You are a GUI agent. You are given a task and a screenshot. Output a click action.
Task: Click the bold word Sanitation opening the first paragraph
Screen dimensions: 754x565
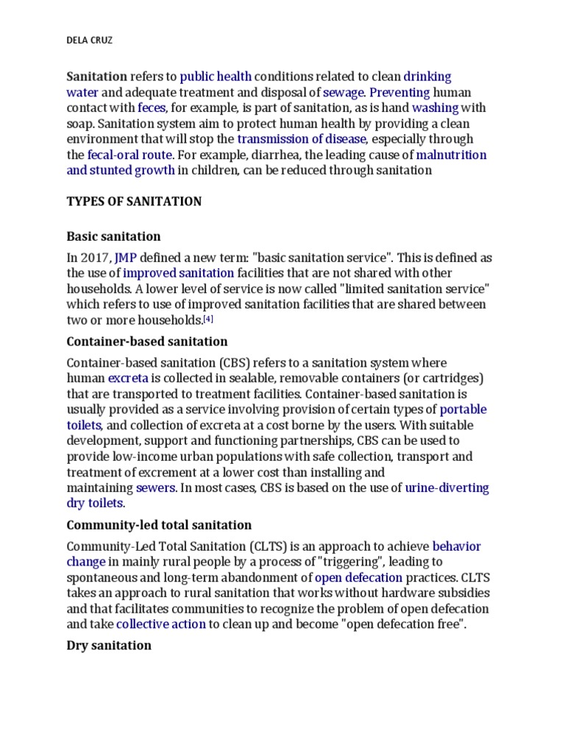pos(97,77)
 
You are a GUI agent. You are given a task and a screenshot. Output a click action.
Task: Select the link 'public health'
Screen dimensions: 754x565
pos(216,77)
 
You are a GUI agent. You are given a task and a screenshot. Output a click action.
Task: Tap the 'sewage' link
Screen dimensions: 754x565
pos(344,93)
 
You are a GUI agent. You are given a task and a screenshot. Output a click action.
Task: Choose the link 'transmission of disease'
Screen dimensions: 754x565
pos(301,139)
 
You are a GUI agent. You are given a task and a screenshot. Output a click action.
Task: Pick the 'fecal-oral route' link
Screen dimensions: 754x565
pos(129,155)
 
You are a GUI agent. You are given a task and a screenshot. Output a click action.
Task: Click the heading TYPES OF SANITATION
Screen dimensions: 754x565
pos(134,202)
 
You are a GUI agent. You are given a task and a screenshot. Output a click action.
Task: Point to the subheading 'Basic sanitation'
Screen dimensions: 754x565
pos(113,237)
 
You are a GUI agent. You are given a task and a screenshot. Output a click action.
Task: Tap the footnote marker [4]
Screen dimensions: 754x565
pos(208,319)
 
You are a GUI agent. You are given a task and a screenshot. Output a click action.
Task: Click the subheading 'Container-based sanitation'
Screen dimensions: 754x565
pos(147,342)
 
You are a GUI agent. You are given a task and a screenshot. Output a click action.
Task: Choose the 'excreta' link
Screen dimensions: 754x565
pos(128,378)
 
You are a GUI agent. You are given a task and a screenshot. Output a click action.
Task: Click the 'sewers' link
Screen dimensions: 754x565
pos(155,487)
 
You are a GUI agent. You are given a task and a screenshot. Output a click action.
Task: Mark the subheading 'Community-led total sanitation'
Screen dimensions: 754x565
pos(159,525)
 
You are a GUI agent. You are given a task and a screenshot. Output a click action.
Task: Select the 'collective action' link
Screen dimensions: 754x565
pos(161,624)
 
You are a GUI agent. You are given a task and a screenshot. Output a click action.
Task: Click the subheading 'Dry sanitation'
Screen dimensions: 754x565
pos(109,646)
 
